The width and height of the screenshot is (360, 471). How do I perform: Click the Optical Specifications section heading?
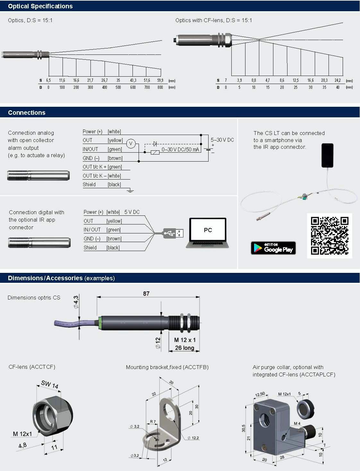pos(40,6)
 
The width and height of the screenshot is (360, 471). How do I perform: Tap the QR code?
pos(330,236)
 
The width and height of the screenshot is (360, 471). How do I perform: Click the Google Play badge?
pos(273,248)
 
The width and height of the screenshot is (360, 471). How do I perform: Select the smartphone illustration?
pos(327,155)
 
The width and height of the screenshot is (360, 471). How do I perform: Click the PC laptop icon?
pos(208,233)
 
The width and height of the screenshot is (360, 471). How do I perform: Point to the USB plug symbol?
pos(173,233)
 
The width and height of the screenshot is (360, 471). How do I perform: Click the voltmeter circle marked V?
pos(131,144)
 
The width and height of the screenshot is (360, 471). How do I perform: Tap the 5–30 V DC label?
pos(222,140)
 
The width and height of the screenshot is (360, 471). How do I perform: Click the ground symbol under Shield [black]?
pos(130,191)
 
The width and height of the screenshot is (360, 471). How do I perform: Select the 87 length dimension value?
pos(146,293)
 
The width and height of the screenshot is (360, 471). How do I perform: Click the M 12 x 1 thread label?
pos(184,340)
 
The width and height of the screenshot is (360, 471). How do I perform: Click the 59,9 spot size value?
pos(160,80)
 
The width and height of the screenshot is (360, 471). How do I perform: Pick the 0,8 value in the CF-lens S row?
pos(254,80)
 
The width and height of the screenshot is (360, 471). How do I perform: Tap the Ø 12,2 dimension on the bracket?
pos(193,438)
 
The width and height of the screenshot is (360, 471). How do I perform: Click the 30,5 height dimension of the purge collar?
pos(244,428)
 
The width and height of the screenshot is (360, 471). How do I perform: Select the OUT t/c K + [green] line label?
pos(102,167)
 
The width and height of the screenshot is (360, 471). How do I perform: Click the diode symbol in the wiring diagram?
pos(155,144)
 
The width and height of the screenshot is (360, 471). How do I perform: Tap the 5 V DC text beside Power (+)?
pos(132,212)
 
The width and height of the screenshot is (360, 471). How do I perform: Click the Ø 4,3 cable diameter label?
pos(76,302)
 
